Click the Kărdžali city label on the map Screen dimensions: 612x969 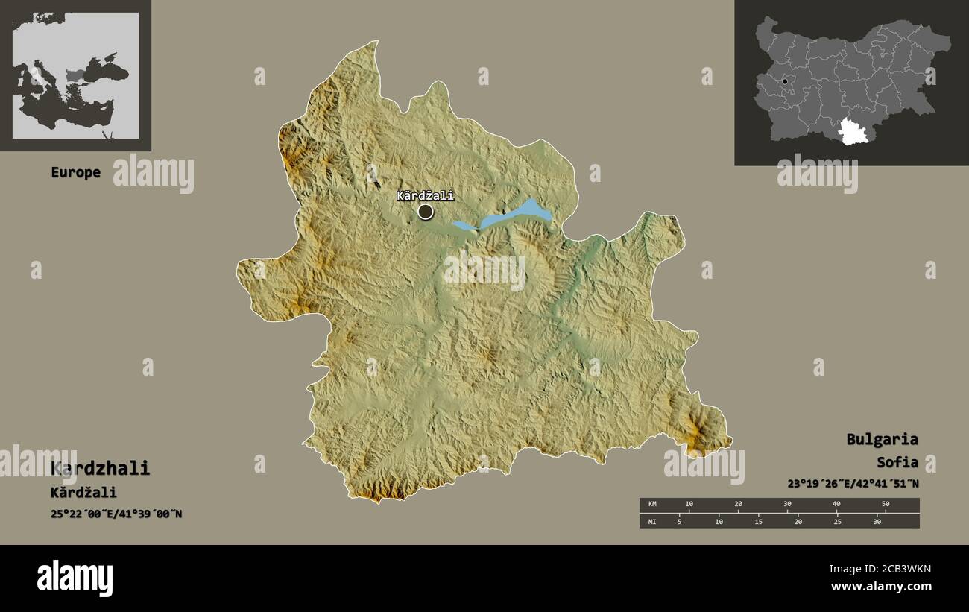coord(425,196)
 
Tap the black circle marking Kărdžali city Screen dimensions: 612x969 coord(426,212)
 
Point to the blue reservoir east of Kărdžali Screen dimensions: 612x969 coord(514,215)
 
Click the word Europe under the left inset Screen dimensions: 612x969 coord(75,172)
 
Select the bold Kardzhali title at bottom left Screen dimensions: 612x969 coord(100,468)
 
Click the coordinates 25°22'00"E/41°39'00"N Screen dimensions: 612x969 coord(116,514)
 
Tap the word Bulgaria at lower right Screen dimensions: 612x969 coord(882,439)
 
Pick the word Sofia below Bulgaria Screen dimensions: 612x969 coord(897,462)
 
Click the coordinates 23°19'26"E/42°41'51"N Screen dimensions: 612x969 coord(853,483)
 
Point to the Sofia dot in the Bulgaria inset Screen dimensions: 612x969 coord(785,81)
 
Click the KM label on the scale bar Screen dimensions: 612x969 coord(652,505)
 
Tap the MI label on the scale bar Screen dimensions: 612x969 coord(652,521)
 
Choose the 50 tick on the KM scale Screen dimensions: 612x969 coord(885,505)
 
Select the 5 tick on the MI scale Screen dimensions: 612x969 coord(679,521)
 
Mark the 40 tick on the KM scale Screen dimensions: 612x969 coord(836,505)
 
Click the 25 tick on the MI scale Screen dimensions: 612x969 coord(837,521)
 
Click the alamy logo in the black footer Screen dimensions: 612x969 coord(75,578)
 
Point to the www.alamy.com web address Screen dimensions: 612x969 coord(880,587)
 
